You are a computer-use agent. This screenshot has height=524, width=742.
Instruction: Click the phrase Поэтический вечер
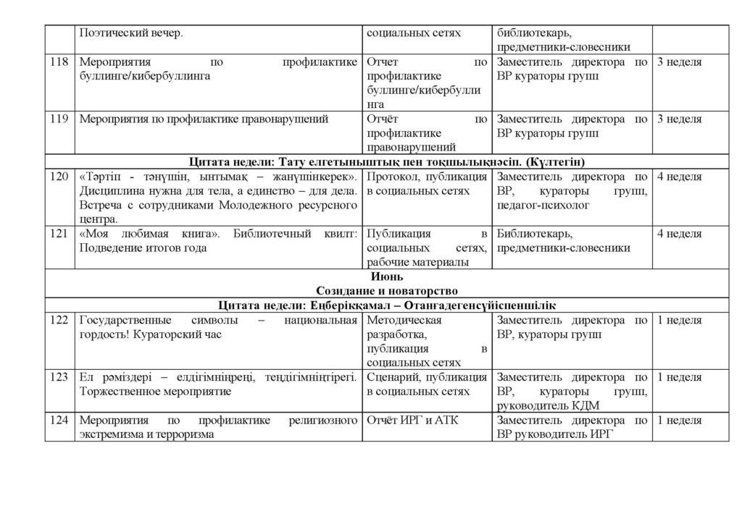coord(130,33)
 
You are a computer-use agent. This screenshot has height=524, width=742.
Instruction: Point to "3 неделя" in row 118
coord(679,62)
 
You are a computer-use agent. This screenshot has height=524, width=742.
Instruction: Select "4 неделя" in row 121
coord(679,234)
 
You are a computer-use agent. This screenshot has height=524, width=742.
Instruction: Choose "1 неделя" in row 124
coord(679,420)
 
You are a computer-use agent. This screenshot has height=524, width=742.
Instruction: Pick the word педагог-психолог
coord(544,206)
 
